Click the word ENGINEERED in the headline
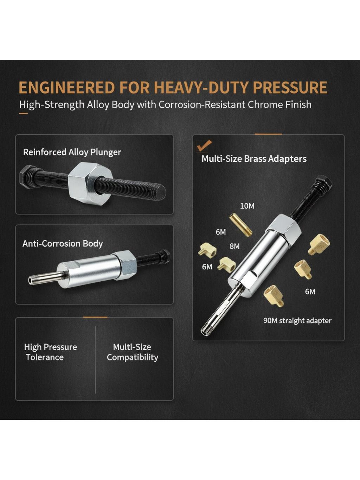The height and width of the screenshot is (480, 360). point(67,88)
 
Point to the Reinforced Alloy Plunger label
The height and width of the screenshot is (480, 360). point(72,152)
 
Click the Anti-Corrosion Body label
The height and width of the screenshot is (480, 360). point(63,244)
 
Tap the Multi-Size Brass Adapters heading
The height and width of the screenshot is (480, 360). point(254,159)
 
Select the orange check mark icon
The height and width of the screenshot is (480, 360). point(204,145)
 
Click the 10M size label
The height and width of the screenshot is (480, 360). point(247,206)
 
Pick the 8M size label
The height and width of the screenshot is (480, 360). point(234,247)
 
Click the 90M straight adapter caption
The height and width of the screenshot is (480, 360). point(297,321)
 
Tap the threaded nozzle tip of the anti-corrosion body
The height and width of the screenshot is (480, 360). point(31,280)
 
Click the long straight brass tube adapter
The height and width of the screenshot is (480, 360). point(241,225)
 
